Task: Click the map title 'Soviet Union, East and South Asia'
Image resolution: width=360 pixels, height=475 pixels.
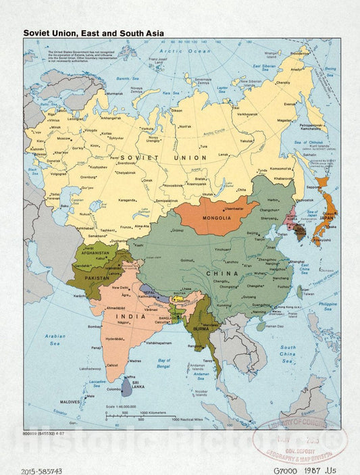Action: [x=93, y=31]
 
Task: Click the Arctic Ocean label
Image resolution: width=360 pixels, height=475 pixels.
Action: [x=180, y=51]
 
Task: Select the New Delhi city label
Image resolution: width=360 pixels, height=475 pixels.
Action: [x=121, y=289]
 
